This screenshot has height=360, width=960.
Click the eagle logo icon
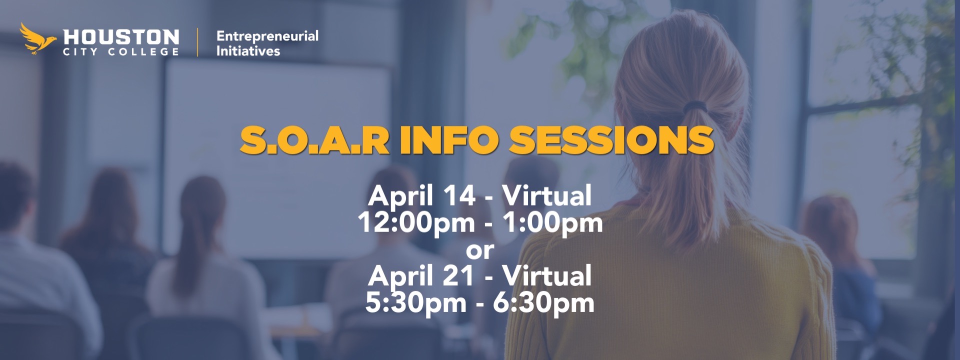37,38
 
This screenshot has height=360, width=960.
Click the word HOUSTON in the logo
121,37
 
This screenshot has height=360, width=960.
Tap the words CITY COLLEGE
120,52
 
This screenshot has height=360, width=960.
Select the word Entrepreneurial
267,36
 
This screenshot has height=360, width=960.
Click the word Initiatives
248,51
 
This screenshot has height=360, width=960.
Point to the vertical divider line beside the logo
197,42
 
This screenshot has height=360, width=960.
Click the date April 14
421,195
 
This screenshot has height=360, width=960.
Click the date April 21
421,275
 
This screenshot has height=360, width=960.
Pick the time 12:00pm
416,222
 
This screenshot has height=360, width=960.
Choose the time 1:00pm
552,222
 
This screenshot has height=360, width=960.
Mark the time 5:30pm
415,302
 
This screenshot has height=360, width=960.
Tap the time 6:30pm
543,302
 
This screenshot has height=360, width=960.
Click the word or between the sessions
480,249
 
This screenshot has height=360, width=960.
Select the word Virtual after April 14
546,195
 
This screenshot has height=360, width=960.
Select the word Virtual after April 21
546,275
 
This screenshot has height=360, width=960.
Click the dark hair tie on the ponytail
695,106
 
